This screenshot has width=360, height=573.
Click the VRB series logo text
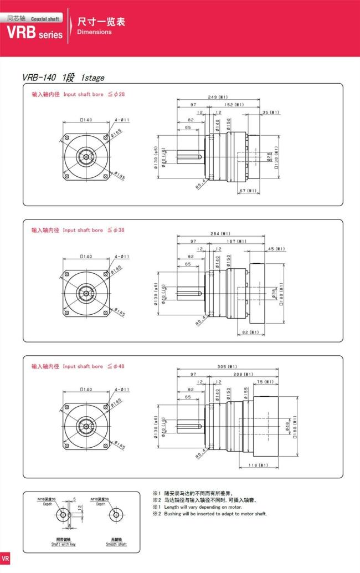click(34, 33)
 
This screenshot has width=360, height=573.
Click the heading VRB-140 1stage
click(63, 78)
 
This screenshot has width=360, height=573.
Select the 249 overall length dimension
click(218, 97)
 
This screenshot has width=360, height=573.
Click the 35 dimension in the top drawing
click(271, 112)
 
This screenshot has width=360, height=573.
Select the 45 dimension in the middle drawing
click(276, 249)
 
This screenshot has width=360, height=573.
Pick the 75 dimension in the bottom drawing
click(266, 382)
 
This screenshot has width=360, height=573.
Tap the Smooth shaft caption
click(116, 544)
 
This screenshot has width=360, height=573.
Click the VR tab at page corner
click(5, 558)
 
